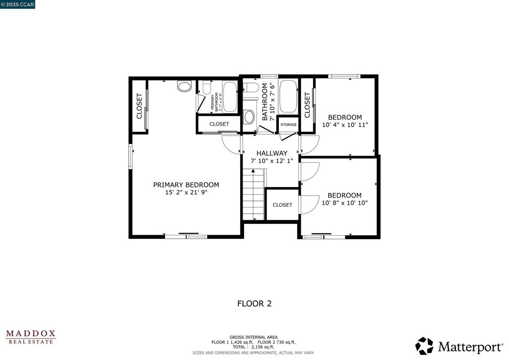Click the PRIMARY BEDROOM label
186,184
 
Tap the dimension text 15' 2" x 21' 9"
186,192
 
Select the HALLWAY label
272,153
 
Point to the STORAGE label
288,125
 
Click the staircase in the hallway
254,194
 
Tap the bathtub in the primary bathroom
230,96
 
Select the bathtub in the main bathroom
288,96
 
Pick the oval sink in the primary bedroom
184,87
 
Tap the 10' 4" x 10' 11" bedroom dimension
345,125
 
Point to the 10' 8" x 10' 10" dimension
344,203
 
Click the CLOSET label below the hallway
282,205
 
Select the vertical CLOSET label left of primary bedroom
139,106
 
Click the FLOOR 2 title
254,303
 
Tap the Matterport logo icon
424,346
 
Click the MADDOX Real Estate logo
31,337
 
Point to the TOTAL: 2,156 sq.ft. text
254,347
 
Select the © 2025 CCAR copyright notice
18,4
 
